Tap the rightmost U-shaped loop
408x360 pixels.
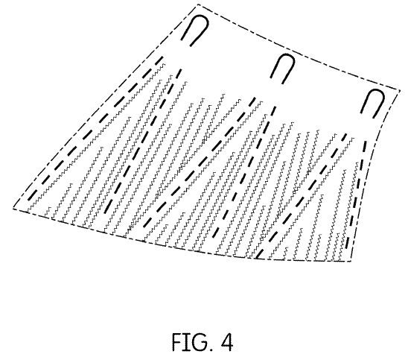tap(376, 90)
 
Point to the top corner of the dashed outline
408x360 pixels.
tap(198, 4)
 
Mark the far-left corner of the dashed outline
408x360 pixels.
tap(13, 208)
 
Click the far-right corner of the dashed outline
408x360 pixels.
tap(400, 90)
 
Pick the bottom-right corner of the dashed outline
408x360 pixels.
tap(351, 261)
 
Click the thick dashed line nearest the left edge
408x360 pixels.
tap(95, 127)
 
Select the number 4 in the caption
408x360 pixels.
tap(226, 342)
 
